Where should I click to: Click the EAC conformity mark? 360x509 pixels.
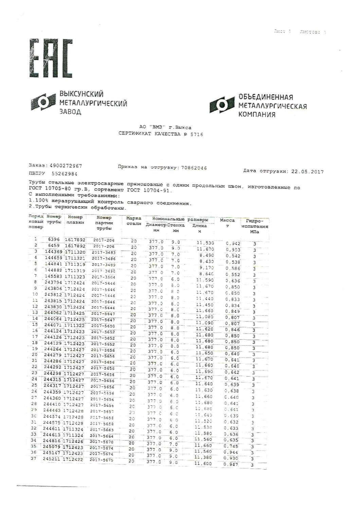51,58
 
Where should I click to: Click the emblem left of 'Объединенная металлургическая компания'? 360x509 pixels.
222,105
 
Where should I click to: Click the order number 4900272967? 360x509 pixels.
66,166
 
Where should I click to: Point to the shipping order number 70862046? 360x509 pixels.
194,168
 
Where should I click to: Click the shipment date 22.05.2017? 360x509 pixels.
307,172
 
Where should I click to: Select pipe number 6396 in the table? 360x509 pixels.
54,240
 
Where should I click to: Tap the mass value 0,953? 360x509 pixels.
233,250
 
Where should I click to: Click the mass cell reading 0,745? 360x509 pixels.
232,446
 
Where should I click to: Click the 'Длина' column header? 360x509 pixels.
199,226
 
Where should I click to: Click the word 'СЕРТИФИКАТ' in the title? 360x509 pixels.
134,134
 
